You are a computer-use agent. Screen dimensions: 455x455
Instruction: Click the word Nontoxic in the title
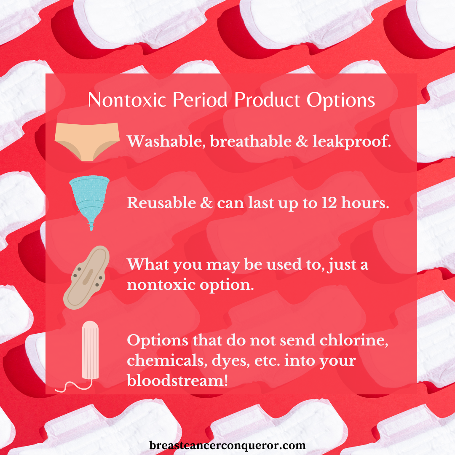127,100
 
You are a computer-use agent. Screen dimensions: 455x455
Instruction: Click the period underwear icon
87,142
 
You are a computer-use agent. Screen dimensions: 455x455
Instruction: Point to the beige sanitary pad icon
86,277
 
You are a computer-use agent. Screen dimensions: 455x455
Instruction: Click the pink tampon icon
90,350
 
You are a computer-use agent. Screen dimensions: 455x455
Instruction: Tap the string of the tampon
74,385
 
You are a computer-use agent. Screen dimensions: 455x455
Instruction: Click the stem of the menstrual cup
91,226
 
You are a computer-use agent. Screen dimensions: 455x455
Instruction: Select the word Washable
166,141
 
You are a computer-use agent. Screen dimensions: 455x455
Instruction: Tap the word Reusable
161,203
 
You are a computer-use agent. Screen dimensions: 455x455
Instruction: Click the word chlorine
354,340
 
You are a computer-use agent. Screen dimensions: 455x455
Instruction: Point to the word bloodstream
177,380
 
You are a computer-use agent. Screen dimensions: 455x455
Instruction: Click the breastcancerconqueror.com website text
227,445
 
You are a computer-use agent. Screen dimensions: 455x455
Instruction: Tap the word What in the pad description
148,264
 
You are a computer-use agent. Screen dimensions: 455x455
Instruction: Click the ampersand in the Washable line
302,141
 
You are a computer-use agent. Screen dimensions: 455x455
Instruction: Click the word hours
365,202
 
